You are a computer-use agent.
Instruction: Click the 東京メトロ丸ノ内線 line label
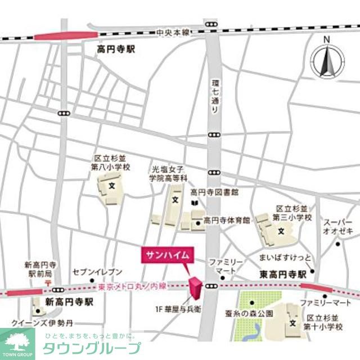coord(132,286)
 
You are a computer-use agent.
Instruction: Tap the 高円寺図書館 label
coord(214,192)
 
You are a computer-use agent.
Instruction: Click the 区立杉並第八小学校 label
coord(112,163)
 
